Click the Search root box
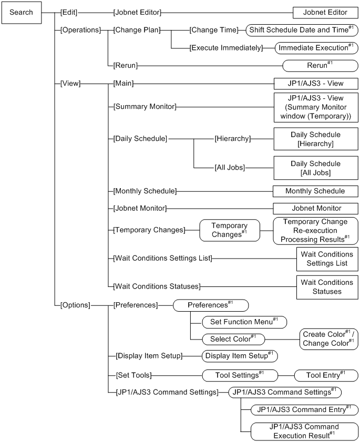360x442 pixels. click(x=21, y=12)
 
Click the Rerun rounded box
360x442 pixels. click(x=320, y=66)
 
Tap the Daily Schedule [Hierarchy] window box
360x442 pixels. click(x=315, y=139)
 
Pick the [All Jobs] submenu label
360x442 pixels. click(x=229, y=168)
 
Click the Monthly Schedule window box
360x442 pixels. click(x=315, y=190)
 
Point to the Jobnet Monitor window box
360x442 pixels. click(x=315, y=208)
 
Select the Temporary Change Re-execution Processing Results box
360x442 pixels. click(x=315, y=230)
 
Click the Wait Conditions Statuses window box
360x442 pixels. click(x=326, y=286)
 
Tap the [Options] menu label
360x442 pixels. click(x=76, y=304)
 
